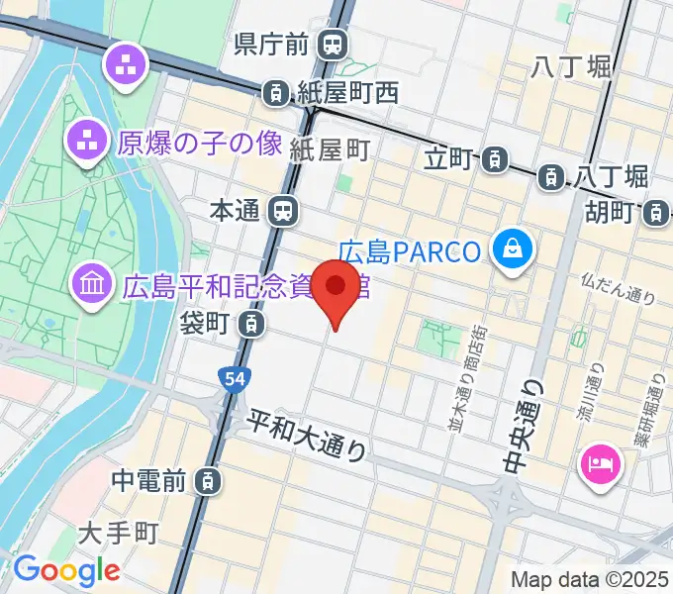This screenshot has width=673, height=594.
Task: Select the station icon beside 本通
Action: coord(284,210)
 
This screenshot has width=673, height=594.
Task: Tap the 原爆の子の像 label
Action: coord(200,144)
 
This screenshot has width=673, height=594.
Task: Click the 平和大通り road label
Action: coord(307,435)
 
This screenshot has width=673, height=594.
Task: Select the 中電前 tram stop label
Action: coord(148,481)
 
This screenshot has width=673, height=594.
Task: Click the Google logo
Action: coord(66,570)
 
